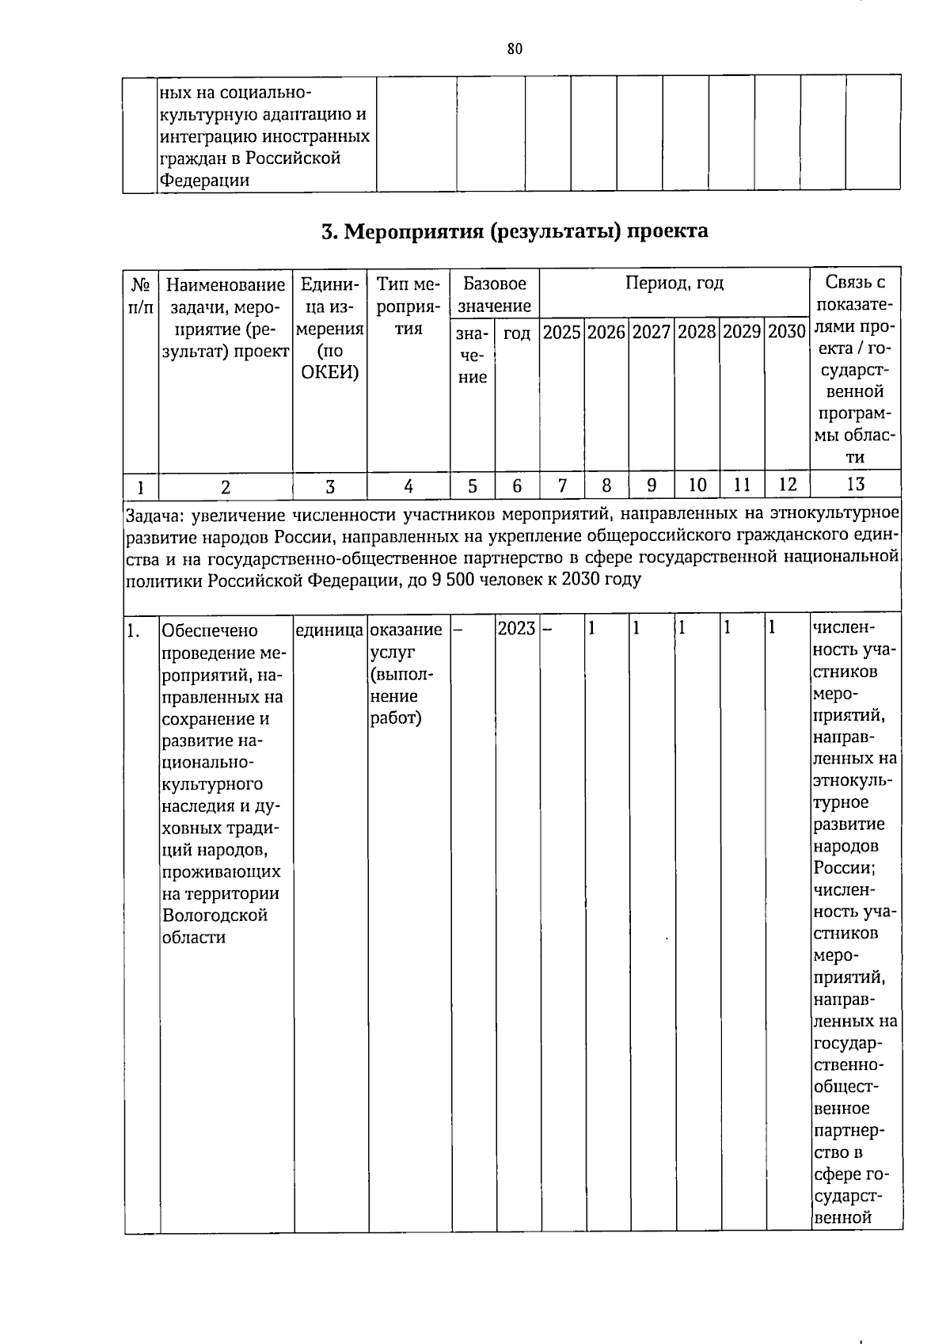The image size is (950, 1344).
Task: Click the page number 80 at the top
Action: point(515,49)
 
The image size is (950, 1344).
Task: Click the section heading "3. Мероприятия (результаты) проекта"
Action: point(515,231)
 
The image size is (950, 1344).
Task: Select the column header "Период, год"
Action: point(674,284)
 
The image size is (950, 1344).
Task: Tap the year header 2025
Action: point(562,333)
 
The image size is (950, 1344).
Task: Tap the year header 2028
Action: point(697,333)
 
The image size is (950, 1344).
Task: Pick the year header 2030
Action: point(786,333)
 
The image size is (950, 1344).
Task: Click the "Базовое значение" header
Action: point(495,295)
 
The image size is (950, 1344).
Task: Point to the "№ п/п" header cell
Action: point(141,295)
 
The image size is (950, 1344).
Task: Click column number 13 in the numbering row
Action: point(856,485)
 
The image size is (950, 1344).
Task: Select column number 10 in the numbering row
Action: point(697,485)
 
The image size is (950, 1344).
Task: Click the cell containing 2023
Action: point(516,630)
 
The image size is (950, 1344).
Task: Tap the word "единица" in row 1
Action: point(329,630)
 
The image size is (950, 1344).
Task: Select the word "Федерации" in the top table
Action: point(204,180)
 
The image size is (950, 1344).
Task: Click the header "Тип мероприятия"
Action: point(408,306)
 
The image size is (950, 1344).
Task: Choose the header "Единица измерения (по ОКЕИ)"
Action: point(329,328)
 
